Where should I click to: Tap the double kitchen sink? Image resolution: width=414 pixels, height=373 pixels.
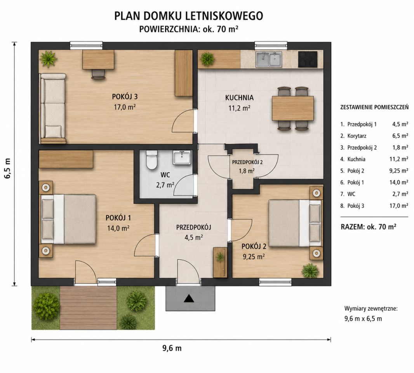tap(268, 59)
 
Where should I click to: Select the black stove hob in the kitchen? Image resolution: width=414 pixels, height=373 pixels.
tap(308, 59)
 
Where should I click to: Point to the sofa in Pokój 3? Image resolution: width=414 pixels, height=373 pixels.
tap(52, 108)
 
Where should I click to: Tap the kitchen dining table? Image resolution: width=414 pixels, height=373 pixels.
tap(293, 108)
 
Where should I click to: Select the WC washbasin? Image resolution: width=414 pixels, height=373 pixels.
tap(182, 158)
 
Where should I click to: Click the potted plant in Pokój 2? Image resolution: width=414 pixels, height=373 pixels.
tap(310, 270)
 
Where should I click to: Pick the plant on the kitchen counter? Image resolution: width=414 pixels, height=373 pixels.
tap(207, 59)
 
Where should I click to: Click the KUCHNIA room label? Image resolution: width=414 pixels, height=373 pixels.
tap(239, 98)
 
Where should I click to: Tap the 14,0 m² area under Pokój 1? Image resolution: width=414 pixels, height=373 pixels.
tap(118, 228)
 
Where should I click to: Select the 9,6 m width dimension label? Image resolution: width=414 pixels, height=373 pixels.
tap(172, 348)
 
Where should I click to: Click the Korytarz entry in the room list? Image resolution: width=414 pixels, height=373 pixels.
tap(357, 136)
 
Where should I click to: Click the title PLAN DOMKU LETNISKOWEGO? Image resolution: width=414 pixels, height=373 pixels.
tap(188, 16)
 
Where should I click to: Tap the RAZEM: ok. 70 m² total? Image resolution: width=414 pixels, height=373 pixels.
tap(368, 227)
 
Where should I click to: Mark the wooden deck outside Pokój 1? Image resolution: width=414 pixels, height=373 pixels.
tap(89, 308)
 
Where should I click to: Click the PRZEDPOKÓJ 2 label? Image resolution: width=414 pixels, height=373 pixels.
tap(247, 162)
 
